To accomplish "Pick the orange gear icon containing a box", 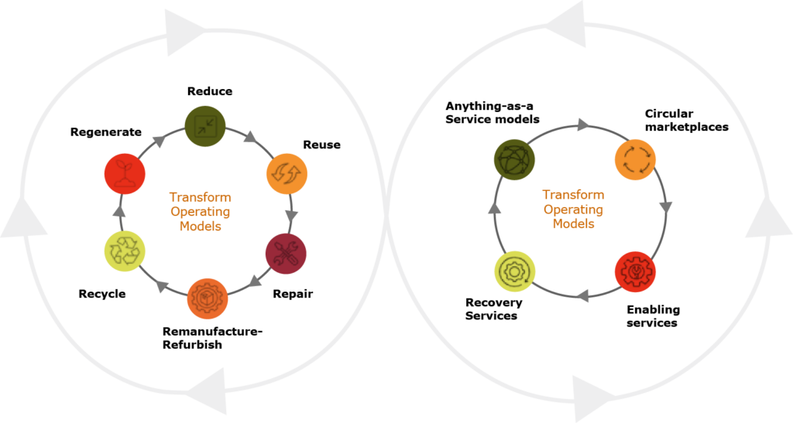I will [208, 298].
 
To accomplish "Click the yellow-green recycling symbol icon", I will [124, 251].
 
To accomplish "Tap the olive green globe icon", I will [514, 160].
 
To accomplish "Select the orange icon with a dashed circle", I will [636, 160].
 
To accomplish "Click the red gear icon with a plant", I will [636, 271].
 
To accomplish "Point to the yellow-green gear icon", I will [514, 273].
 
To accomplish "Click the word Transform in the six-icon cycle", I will [200, 197].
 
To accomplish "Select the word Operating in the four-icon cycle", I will [573, 210].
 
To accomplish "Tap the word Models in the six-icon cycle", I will [200, 227].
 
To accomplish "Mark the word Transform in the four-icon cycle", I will [573, 195].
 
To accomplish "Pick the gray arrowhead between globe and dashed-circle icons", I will [583, 125].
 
